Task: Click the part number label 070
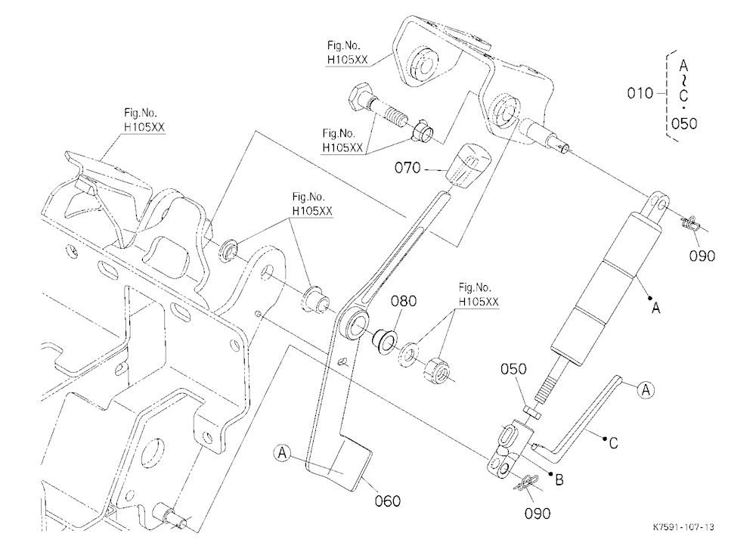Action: point(408,168)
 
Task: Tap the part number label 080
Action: point(404,301)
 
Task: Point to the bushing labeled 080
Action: point(384,340)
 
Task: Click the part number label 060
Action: point(388,501)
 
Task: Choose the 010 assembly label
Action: point(640,92)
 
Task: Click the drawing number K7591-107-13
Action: point(683,526)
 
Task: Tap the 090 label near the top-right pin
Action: point(702,256)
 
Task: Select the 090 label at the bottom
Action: point(538,513)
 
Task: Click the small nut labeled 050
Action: point(531,411)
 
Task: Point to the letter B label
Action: point(559,479)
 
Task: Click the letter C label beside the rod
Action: point(613,443)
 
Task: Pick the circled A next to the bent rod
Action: point(646,389)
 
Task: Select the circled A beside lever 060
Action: point(283,454)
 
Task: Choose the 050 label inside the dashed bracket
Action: point(684,123)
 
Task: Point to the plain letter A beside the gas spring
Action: point(655,307)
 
